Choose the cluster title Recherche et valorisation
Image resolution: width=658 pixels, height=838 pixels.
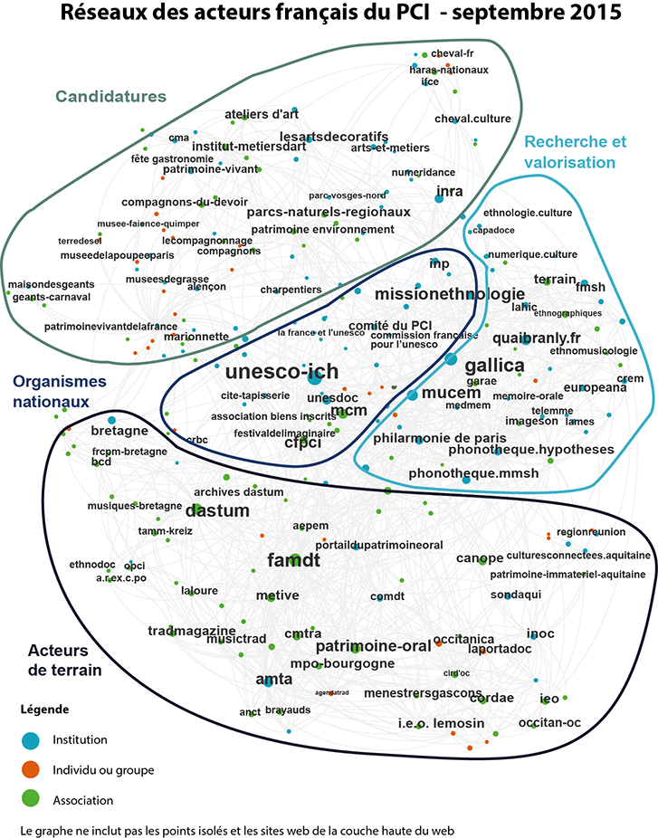pos(575,152)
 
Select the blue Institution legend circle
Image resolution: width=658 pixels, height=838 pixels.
pos(31,740)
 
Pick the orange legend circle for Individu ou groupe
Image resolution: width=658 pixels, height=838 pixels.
pos(31,770)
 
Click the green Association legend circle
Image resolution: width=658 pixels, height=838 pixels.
pos(31,800)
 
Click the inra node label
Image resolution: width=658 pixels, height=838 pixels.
pos(449,191)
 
